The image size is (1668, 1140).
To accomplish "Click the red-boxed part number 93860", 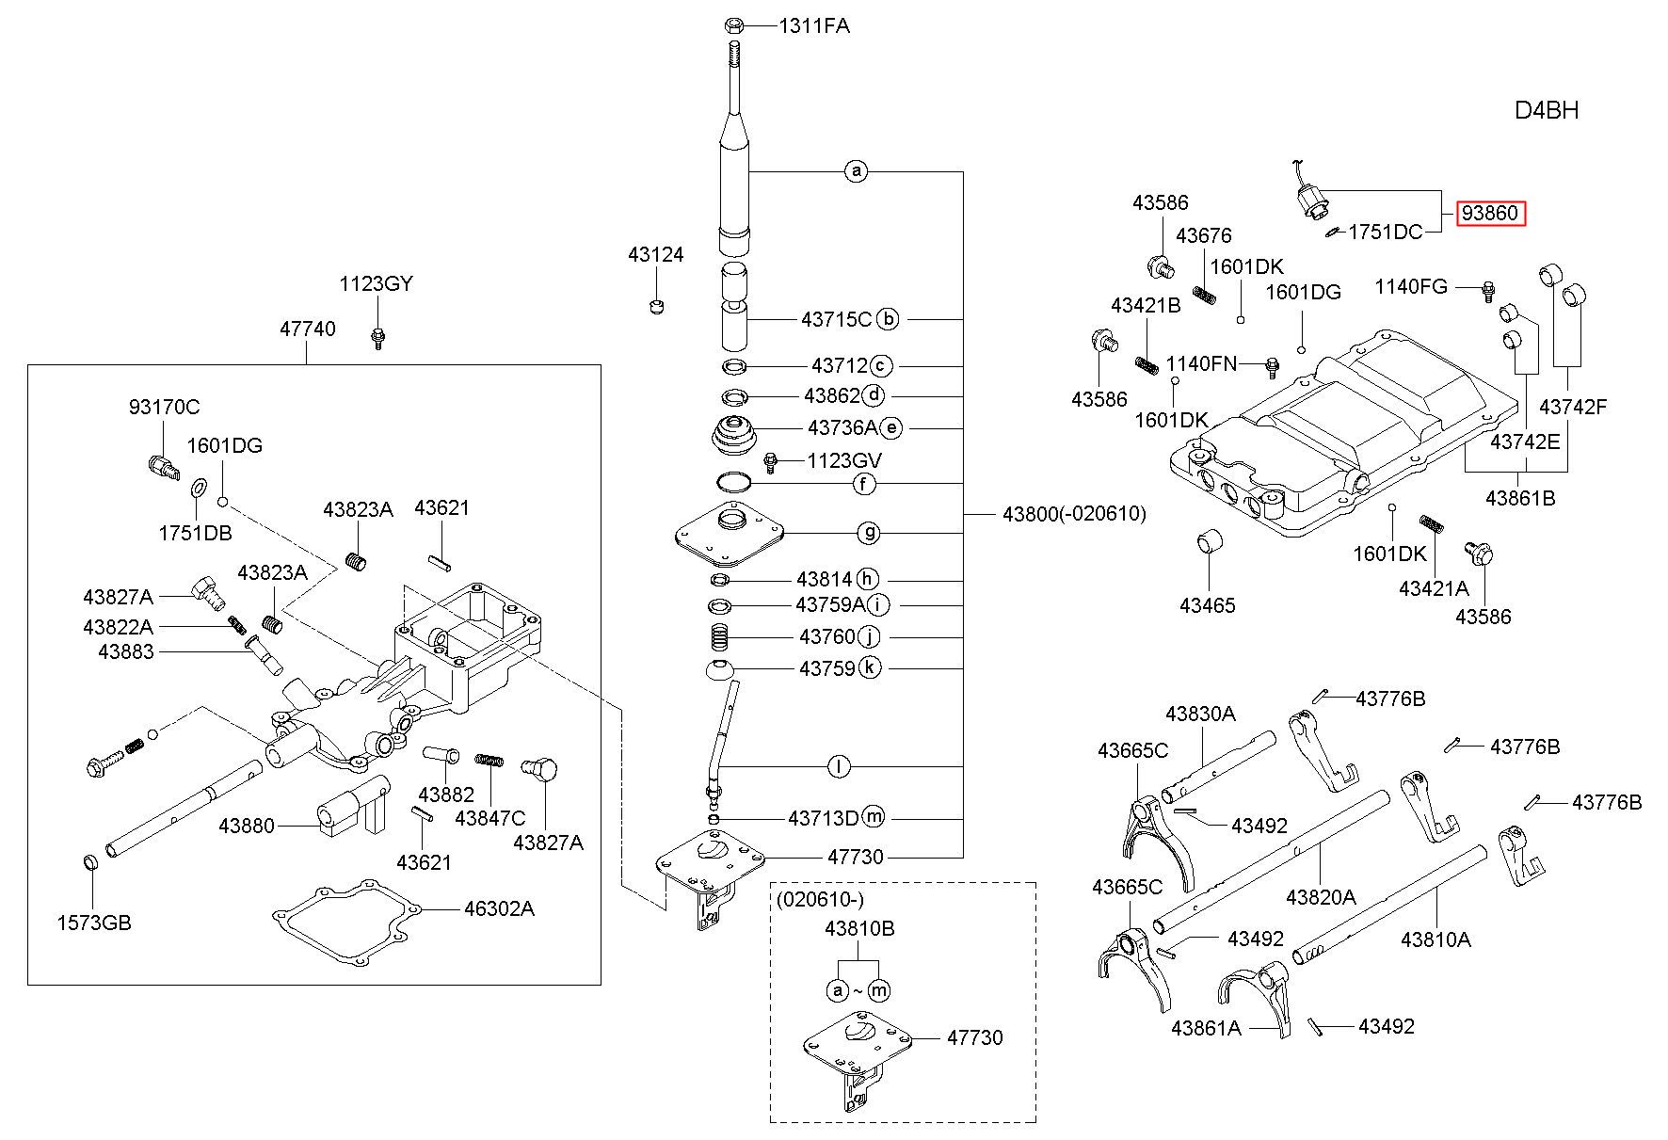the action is point(1489,214).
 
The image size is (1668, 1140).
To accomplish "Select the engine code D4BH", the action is point(1547,110).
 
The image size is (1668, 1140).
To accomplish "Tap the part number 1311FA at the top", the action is point(814,26).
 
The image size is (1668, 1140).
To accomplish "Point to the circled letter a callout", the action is point(855,171).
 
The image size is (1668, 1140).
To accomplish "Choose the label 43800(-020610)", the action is point(1074,514).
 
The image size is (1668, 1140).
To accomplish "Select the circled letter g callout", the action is point(868,533).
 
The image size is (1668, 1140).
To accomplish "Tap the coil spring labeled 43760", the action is point(720,637).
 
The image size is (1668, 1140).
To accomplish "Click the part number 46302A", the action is point(499,908).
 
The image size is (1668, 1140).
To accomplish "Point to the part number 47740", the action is point(307,329).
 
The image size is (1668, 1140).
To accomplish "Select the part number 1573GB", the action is point(94,923).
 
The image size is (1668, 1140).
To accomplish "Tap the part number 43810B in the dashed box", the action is point(859,928).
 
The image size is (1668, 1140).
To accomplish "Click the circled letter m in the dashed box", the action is point(878,990).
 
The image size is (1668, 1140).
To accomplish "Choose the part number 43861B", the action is point(1520,498).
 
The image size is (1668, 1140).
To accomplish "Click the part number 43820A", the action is point(1321,896).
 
